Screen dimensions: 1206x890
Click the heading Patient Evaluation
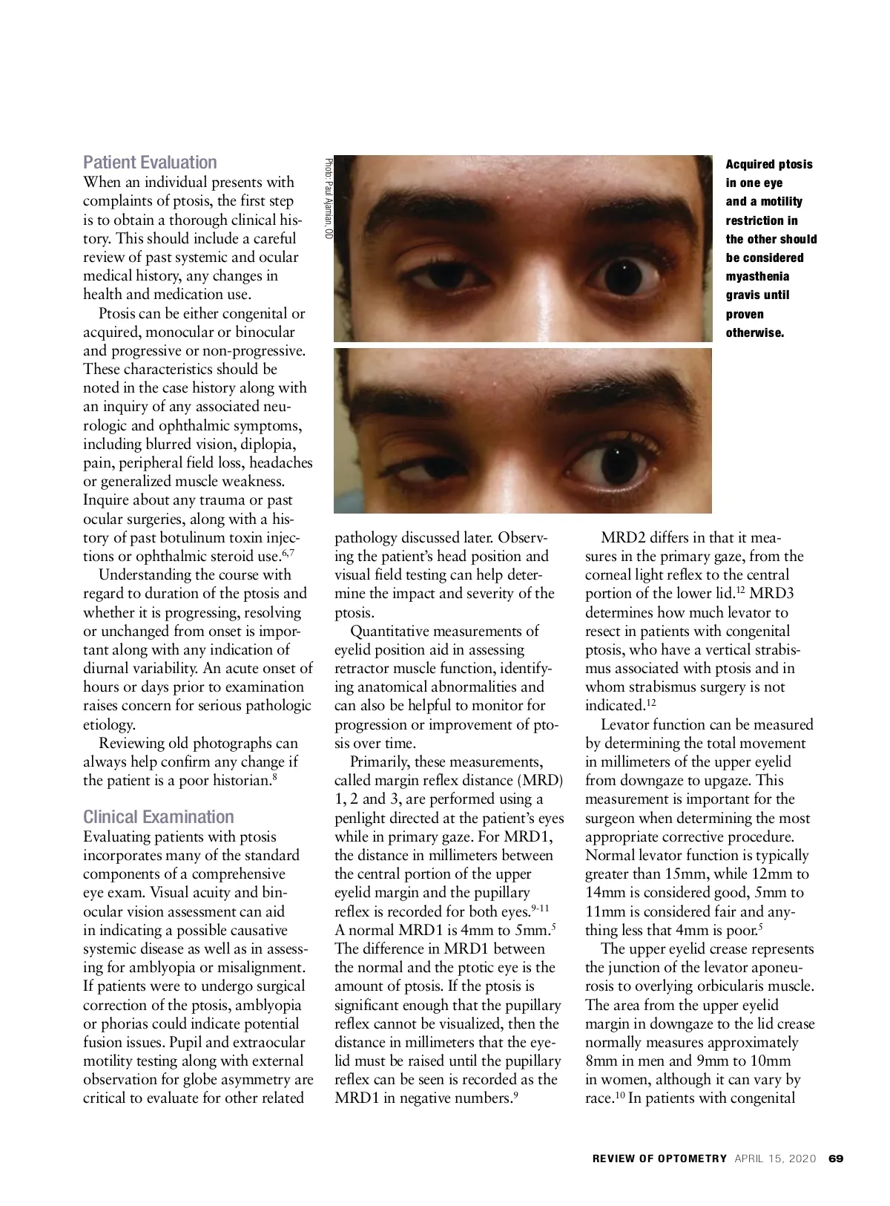[150, 163]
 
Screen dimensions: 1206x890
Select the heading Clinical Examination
[158, 817]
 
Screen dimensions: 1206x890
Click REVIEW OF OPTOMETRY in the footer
[659, 1159]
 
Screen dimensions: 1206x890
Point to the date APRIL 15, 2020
[776, 1159]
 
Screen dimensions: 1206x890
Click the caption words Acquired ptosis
[768, 165]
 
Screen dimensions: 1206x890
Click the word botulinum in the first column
[220, 537]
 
